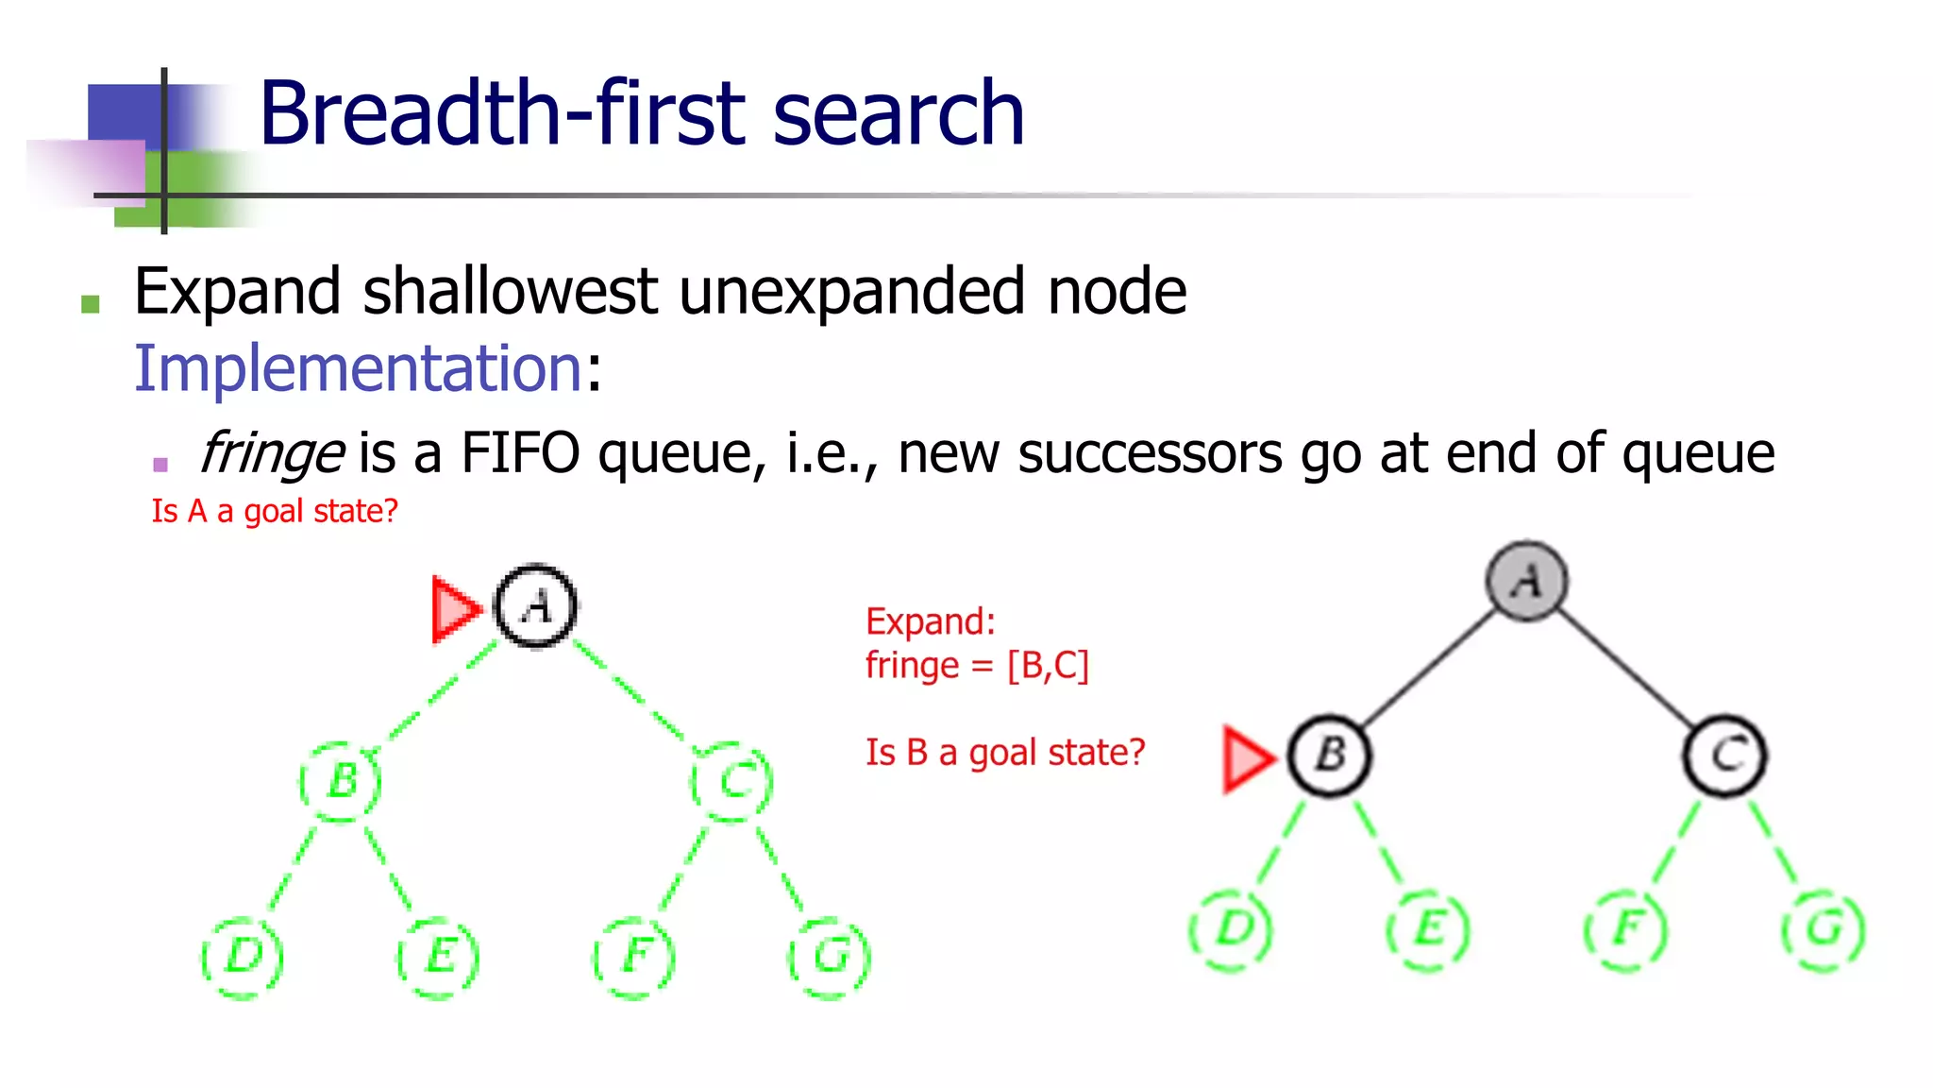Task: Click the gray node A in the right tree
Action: tap(1526, 581)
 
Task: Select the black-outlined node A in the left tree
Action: tap(535, 605)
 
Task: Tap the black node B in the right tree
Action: tap(1330, 756)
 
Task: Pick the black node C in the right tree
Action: tap(1725, 756)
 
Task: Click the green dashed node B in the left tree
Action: tap(341, 781)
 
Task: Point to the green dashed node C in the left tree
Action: tap(732, 781)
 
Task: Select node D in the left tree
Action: tap(243, 956)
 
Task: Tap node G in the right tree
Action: tap(1824, 929)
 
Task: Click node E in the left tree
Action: tap(439, 956)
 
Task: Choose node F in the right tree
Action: tap(1625, 929)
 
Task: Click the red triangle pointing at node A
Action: tap(455, 609)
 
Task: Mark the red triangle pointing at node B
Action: tap(1247, 758)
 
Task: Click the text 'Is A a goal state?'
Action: tap(275, 511)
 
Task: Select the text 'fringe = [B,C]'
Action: tap(977, 666)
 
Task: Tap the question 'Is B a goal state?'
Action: tap(1005, 753)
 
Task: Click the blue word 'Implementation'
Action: tap(358, 367)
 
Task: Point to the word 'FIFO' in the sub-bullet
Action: tap(519, 453)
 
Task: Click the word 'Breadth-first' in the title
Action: tap(505, 113)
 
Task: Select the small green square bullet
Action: tap(91, 303)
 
